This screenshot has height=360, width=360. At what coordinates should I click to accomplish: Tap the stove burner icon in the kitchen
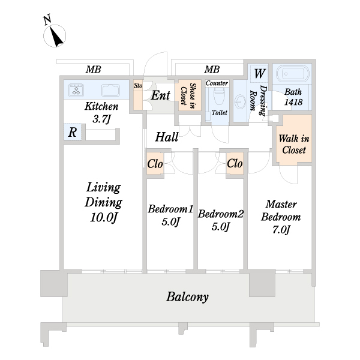[76, 90]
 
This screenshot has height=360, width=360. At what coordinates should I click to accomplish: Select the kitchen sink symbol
[110, 90]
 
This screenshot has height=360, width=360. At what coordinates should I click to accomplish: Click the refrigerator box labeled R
[73, 132]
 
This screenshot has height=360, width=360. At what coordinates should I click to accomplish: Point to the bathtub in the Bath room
[292, 74]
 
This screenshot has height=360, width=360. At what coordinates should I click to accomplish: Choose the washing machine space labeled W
[259, 73]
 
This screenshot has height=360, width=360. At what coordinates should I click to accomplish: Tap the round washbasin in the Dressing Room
[240, 101]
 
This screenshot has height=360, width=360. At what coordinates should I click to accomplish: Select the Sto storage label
[138, 86]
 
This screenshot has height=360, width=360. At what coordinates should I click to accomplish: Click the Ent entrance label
[160, 95]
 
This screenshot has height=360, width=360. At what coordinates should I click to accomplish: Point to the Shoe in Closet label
[188, 94]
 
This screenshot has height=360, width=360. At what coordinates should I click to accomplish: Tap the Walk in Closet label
[294, 144]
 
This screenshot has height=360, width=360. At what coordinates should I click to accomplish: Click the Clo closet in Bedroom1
[155, 164]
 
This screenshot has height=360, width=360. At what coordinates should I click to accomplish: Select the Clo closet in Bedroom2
[235, 163]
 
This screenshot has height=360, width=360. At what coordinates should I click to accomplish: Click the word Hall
[166, 137]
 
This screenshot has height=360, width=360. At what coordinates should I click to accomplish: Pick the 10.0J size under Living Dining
[104, 217]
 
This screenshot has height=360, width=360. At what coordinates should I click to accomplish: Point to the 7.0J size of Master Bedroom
[281, 229]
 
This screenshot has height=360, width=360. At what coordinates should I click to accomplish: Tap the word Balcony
[188, 296]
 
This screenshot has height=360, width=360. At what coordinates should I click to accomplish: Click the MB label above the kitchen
[93, 70]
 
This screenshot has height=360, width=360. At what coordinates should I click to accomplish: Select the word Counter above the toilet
[217, 83]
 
